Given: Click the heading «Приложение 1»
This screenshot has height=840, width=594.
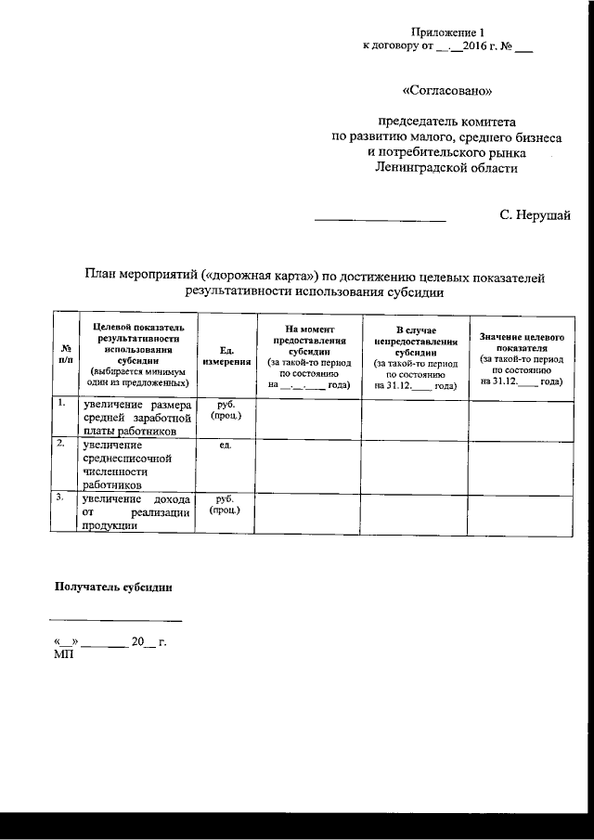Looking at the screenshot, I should (447, 32).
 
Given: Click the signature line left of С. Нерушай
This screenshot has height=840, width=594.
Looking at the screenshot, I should (381, 221).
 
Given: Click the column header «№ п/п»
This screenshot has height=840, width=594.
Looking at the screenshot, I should (65, 354).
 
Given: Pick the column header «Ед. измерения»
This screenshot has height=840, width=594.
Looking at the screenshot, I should (225, 354).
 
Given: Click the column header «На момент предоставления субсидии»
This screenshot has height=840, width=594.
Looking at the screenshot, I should (308, 354).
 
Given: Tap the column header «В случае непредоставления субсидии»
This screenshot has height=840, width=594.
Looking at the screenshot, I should (415, 354).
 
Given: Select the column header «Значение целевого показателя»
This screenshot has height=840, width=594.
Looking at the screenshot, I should (521, 354).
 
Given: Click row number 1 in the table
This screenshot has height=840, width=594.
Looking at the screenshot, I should (61, 404).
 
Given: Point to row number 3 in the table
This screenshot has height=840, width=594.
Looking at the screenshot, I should (61, 498).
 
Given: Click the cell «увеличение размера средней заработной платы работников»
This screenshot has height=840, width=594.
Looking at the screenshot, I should (136, 418).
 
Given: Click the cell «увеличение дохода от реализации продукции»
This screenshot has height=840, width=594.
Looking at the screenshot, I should (136, 511).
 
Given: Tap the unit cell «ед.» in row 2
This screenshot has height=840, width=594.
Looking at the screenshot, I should (225, 446).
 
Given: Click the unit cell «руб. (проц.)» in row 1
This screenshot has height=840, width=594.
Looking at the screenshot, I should (225, 410).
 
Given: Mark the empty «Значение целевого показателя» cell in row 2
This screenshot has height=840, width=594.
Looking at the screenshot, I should (521, 464).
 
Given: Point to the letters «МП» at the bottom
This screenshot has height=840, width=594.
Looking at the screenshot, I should (64, 654).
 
